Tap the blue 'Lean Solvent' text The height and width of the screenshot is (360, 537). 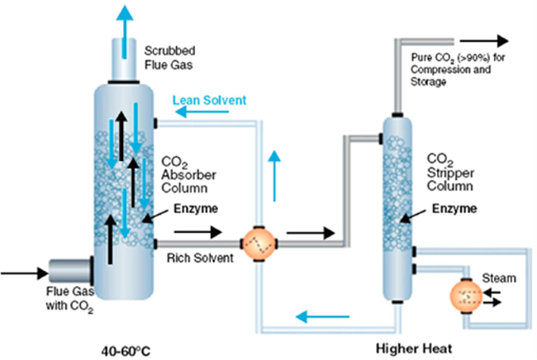coord(209,100)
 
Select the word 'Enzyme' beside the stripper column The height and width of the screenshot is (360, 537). coord(452,208)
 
